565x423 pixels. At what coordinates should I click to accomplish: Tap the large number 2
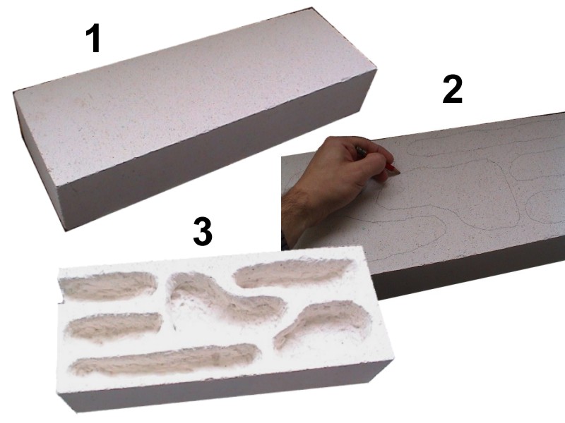click(452, 90)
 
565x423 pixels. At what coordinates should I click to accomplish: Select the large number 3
click(203, 232)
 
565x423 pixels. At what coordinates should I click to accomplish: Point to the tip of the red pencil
click(399, 173)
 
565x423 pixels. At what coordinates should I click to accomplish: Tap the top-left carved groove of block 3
click(108, 286)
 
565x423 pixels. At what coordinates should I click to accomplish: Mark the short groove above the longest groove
click(114, 326)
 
